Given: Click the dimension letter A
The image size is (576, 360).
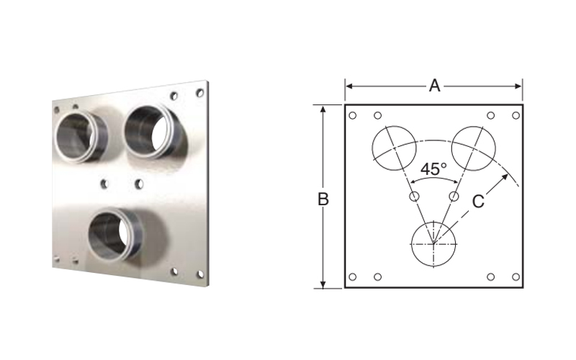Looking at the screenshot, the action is [x=435, y=86].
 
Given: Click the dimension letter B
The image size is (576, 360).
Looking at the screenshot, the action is [x=323, y=199].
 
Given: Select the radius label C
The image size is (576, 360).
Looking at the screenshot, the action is [x=478, y=202].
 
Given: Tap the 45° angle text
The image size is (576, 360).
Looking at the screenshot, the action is [x=433, y=169].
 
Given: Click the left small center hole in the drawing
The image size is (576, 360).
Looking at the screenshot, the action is [x=414, y=197].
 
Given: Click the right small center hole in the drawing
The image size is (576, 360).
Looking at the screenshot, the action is [x=454, y=197].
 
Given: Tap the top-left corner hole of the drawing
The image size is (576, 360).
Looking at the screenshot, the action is [x=352, y=116].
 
